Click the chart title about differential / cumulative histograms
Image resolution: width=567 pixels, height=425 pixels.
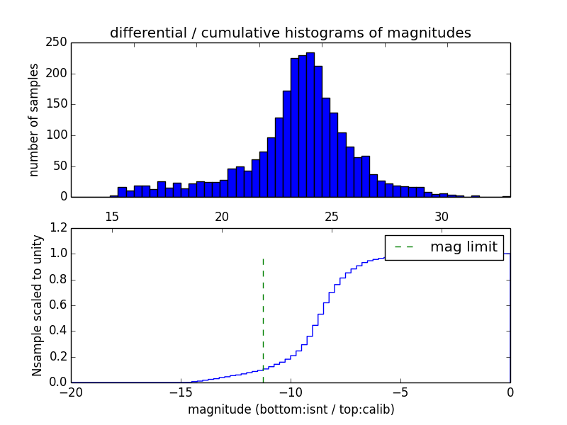point(291,33)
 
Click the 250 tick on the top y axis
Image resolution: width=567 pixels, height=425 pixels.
point(60,42)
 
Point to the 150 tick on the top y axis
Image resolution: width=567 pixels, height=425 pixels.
point(60,104)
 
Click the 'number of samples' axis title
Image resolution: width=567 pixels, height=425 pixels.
point(34,120)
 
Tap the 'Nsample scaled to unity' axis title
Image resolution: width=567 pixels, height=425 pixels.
point(37,305)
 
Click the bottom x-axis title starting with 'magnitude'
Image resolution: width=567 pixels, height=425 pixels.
point(291,409)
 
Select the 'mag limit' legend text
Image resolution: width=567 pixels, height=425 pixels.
point(464,247)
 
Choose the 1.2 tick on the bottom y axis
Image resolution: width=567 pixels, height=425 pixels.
point(60,228)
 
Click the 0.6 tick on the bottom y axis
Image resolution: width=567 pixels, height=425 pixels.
point(60,305)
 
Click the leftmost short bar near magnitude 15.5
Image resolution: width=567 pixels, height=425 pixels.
point(122,192)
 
